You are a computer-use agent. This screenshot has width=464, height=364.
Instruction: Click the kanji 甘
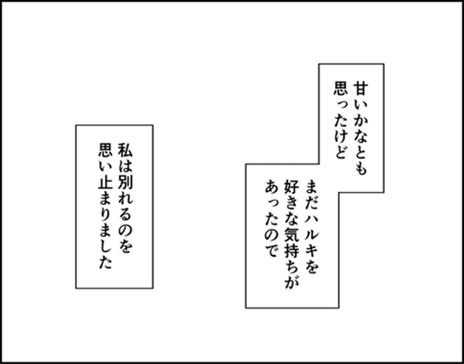coord(360,89)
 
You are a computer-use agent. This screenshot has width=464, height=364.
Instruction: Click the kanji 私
coord(125,150)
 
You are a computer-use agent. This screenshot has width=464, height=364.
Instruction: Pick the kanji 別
coord(125,181)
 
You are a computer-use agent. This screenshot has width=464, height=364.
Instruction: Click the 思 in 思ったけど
coord(341,89)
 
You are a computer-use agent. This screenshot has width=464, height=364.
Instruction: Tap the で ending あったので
coord(272,250)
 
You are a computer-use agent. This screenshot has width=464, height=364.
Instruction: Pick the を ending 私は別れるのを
coord(125,245)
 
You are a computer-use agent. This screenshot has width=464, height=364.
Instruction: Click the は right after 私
coord(125,166)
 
